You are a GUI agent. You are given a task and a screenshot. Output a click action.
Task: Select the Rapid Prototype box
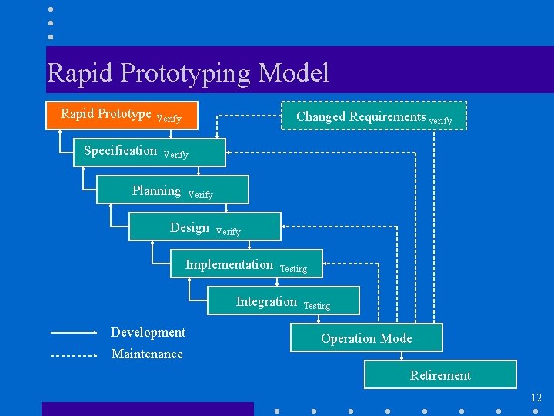pos(122,115)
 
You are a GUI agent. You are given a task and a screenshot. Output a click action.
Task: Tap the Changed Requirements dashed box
pos(373,116)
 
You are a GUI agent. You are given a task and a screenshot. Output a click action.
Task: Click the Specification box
pos(150,152)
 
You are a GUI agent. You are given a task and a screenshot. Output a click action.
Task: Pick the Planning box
pos(172,190)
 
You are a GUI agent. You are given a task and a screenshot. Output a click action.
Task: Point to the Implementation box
pos(245,264)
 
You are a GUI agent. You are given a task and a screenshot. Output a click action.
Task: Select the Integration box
pos(283,301)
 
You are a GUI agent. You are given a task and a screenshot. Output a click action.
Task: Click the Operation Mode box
pos(366,338)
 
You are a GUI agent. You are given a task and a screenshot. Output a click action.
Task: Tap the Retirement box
pos(440,375)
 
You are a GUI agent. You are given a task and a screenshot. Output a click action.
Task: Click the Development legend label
pos(148,332)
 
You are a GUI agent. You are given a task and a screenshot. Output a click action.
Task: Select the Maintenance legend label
pos(147,354)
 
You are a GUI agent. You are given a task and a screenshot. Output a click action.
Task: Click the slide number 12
pos(536,398)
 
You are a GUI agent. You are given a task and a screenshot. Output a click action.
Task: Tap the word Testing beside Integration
pos(317,306)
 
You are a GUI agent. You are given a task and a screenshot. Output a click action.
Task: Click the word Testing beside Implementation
pos(293,269)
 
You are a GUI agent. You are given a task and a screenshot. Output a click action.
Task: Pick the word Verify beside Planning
pos(201,195)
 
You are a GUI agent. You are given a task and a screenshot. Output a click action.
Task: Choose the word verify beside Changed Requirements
pos(440,121)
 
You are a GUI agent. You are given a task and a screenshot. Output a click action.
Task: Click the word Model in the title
pos(294,73)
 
